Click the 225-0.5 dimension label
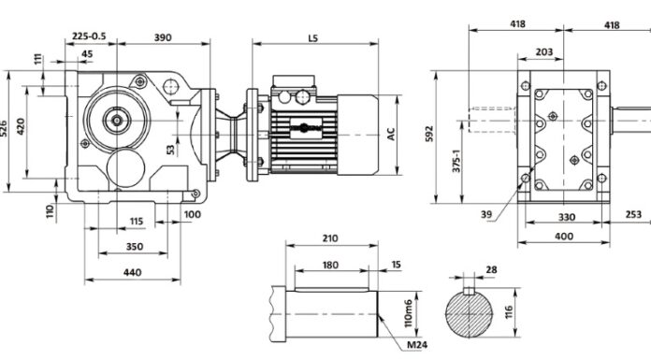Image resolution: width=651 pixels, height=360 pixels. click(x=89, y=36)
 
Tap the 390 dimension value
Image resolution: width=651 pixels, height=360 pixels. click(x=163, y=37)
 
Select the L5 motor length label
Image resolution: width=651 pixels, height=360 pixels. click(x=313, y=38)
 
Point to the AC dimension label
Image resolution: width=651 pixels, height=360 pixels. click(x=391, y=134)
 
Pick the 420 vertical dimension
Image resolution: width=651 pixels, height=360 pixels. click(x=21, y=126)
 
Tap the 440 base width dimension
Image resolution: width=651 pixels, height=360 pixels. click(x=133, y=272)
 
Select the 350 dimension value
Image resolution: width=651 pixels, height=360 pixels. click(x=135, y=247)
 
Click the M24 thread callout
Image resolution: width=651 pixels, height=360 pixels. click(x=417, y=344)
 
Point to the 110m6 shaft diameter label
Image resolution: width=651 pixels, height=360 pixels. click(x=408, y=313)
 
